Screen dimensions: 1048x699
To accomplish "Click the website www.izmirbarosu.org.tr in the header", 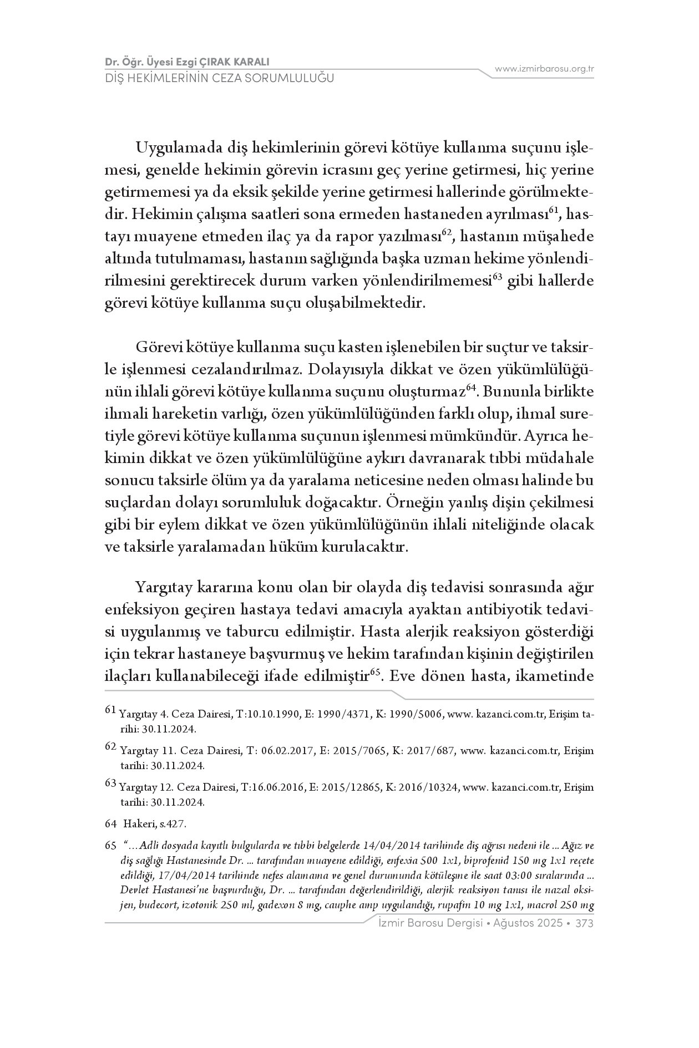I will [x=544, y=69].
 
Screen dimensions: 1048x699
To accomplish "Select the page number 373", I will [x=585, y=923].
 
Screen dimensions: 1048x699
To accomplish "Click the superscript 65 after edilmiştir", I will [x=374, y=673].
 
